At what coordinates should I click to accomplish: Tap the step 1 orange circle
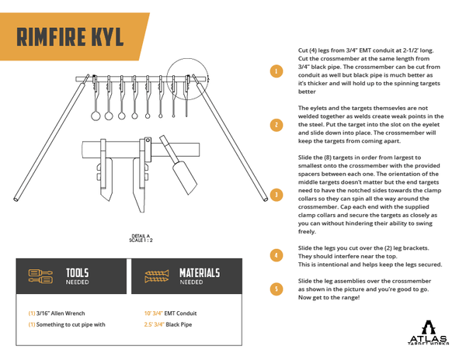[275, 71]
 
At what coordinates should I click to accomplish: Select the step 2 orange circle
[275, 124]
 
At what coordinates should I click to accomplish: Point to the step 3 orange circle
[275, 194]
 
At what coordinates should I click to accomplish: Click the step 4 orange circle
[275, 254]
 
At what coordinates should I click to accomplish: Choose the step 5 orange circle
[275, 289]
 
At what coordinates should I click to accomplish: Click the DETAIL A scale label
[141, 238]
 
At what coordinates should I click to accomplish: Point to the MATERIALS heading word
[199, 273]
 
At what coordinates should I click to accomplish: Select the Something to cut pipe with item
[68, 325]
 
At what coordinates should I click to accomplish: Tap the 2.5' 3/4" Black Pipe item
[169, 325]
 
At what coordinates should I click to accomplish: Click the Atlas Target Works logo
[429, 331]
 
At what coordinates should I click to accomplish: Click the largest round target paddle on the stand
[96, 116]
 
